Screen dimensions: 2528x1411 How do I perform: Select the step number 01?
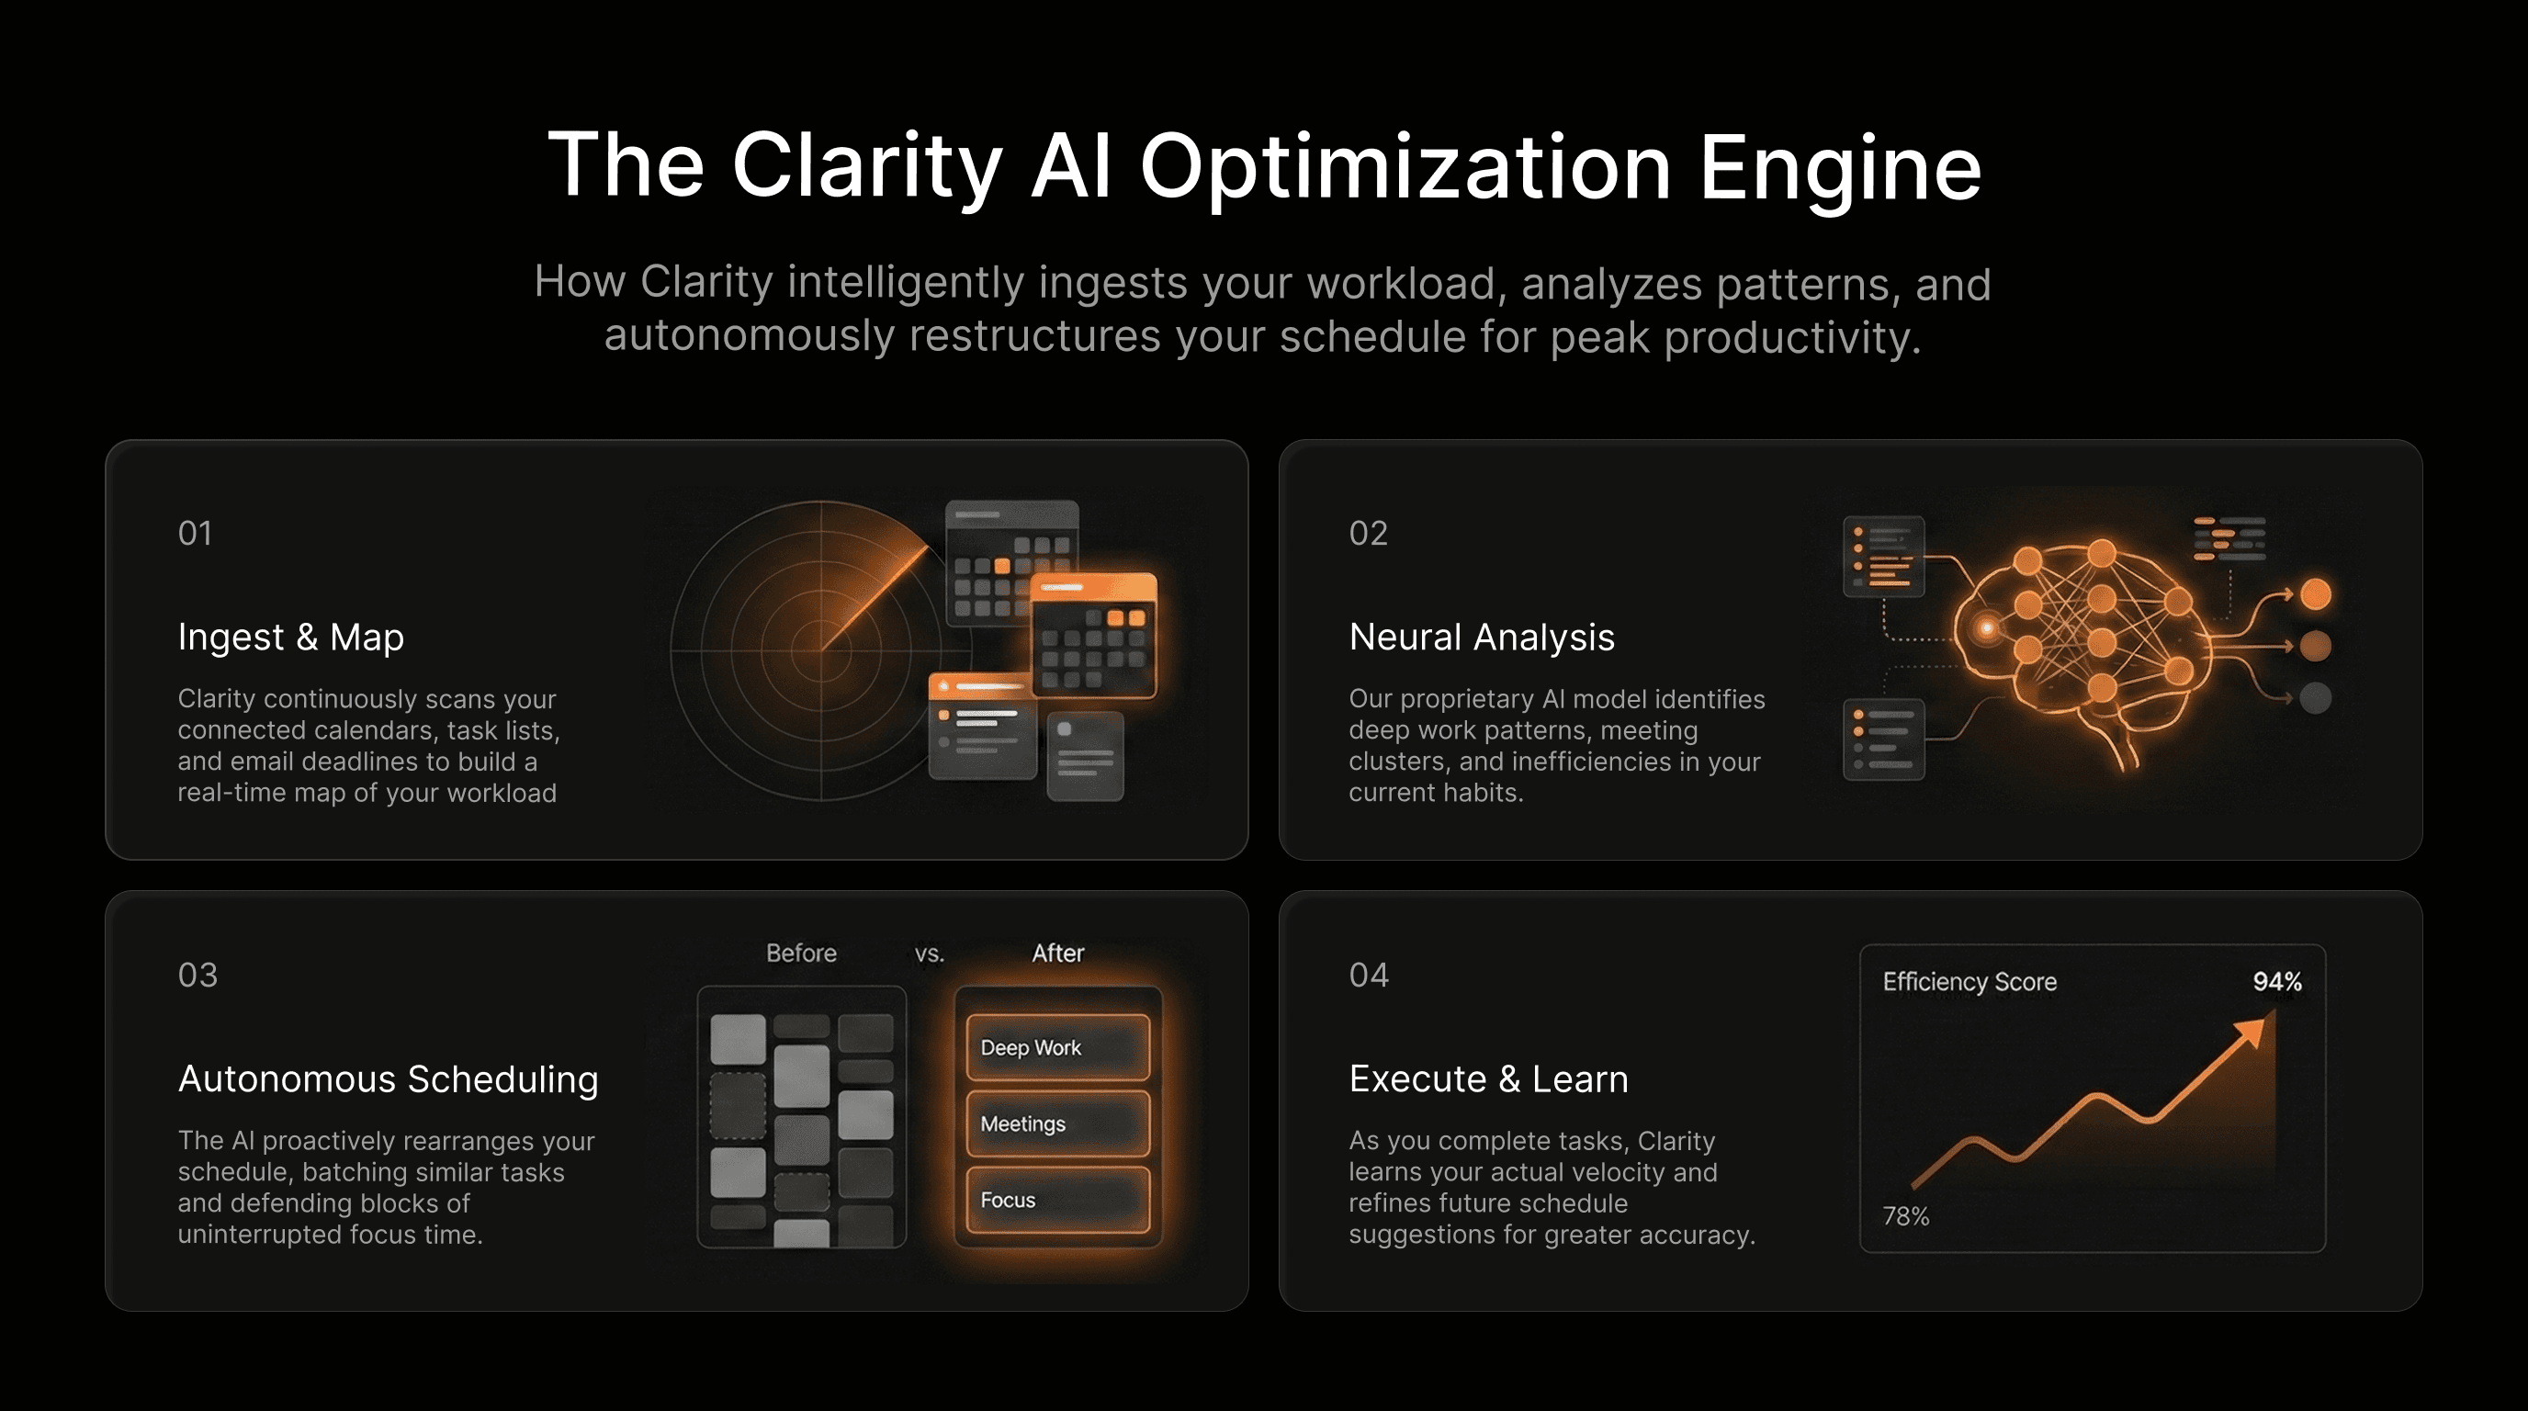click(195, 533)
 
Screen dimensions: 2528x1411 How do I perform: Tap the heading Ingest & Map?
click(290, 637)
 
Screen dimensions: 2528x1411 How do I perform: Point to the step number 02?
click(1368, 533)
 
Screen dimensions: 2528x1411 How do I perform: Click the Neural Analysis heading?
click(1481, 637)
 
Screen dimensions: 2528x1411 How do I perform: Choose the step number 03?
click(197, 975)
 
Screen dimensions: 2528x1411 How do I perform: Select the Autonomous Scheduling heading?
click(388, 1078)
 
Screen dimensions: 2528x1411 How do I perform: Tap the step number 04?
click(1368, 975)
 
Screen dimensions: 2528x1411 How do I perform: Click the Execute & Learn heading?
click(1488, 1078)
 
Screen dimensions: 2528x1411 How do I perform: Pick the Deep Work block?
click(1057, 1047)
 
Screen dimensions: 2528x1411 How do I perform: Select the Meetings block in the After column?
click(1057, 1123)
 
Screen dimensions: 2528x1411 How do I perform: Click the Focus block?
click(1057, 1199)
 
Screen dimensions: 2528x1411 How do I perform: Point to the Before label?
click(801, 953)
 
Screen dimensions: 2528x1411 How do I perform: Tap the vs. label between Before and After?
click(929, 953)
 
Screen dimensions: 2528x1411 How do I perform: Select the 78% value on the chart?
click(1905, 1215)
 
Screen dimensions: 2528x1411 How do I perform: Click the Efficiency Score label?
click(1969, 981)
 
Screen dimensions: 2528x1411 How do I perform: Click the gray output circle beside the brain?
click(2315, 697)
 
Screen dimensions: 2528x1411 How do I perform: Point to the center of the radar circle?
click(821, 649)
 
